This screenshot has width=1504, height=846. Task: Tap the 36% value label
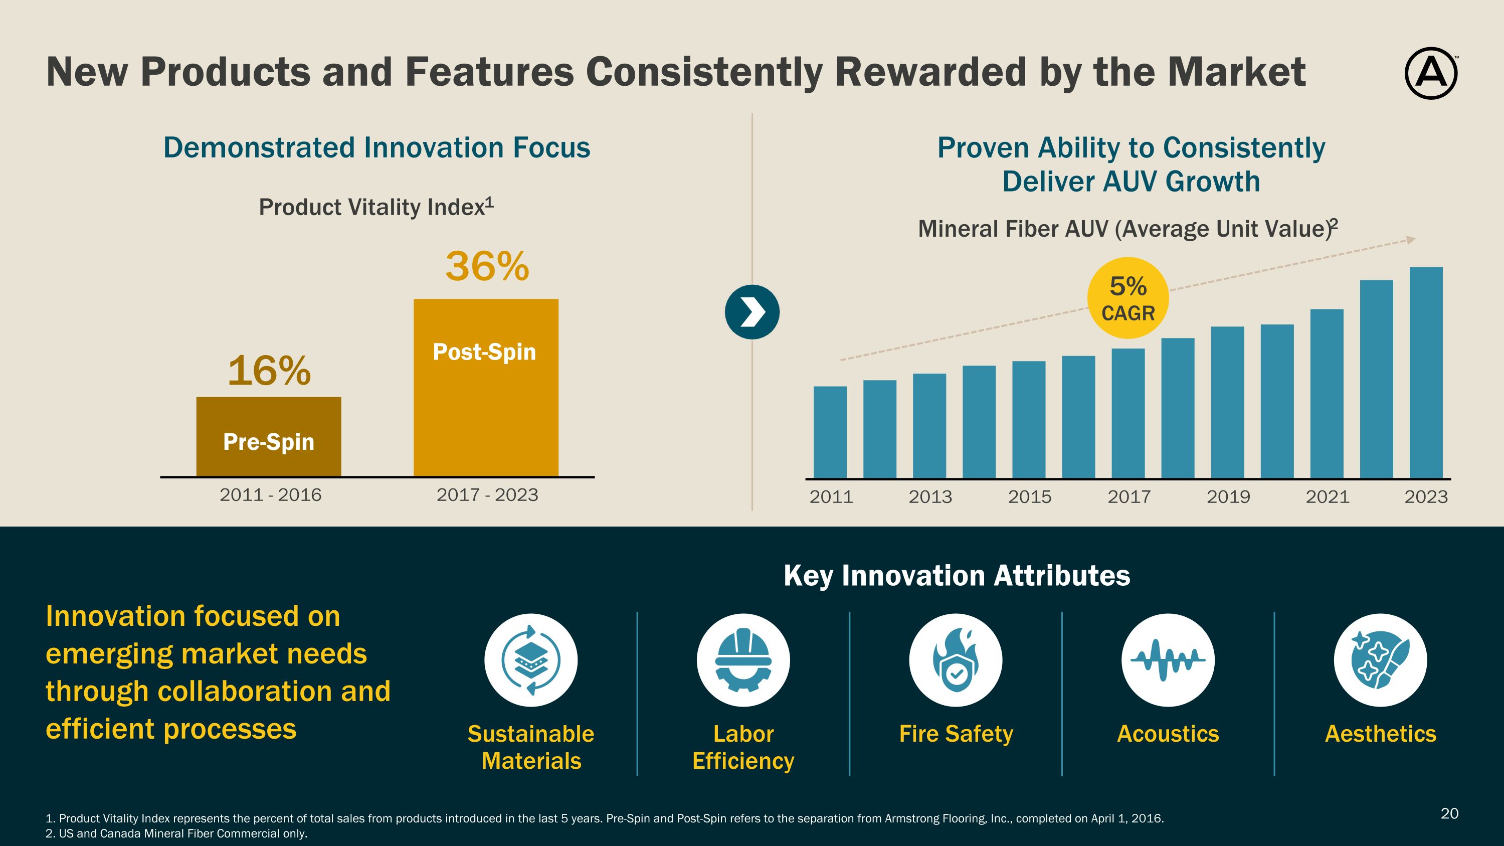pos(487,267)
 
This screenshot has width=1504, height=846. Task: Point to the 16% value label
pos(269,371)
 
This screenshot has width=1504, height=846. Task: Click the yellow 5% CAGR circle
pos(1128,298)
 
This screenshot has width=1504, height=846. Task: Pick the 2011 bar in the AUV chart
pos(830,432)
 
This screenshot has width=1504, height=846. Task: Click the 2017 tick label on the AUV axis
pos(1129,497)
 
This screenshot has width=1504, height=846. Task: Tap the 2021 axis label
pos(1327,497)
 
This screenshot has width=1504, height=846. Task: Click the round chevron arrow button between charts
pos(752,312)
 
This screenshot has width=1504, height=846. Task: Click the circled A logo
pos(1430,74)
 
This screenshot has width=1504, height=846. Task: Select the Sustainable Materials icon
pos(531,660)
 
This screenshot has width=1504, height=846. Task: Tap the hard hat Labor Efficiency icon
pos(742,660)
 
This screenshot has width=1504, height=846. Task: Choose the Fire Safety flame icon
pos(955,660)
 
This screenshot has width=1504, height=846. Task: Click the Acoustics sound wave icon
pos(1168,660)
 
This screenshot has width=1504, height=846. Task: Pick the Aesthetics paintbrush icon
pos(1380,660)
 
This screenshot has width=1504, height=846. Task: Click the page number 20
pos(1449,813)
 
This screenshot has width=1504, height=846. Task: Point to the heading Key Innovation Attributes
pos(957,576)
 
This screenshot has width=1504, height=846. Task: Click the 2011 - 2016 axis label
pos(270,495)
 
